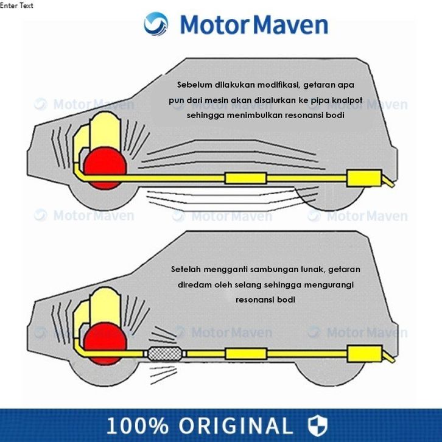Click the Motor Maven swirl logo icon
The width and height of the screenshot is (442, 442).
[156, 24]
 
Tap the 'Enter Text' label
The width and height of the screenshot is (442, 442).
[17, 5]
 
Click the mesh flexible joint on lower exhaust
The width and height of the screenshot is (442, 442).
[164, 353]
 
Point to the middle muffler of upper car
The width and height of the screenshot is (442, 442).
[245, 178]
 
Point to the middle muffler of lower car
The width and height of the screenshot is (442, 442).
[245, 353]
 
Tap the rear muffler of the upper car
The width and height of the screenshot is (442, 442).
[363, 178]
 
